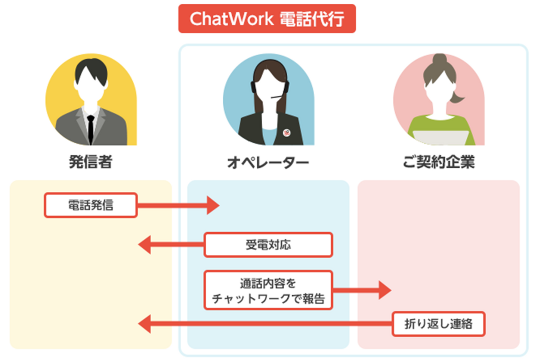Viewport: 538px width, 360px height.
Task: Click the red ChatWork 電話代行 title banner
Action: coord(267,18)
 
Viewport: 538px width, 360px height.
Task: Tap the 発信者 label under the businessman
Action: coord(90,162)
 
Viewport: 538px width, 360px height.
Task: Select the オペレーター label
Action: coord(268,162)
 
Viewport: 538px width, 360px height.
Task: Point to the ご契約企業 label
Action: coord(439,162)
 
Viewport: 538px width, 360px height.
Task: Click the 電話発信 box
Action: coord(90,205)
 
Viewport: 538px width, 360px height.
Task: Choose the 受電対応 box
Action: coord(268,245)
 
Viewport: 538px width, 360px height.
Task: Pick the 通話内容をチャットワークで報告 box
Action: coord(268,290)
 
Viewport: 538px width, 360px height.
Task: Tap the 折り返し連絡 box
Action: coord(438,324)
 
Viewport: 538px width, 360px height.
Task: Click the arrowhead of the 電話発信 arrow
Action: coord(213,205)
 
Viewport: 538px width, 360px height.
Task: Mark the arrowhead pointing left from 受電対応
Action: coord(145,245)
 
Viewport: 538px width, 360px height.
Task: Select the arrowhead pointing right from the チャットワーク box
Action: coord(385,290)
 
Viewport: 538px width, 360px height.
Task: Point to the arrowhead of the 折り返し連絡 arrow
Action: coord(145,324)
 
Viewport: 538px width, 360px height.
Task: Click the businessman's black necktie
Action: coord(90,130)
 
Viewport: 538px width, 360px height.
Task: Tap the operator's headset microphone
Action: coord(277,97)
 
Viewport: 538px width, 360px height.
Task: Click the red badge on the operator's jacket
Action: coord(287,133)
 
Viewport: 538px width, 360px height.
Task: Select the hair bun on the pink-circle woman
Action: coord(439,59)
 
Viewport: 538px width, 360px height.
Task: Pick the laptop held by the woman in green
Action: coord(441,138)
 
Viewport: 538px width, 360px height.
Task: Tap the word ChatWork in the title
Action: coord(232,19)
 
